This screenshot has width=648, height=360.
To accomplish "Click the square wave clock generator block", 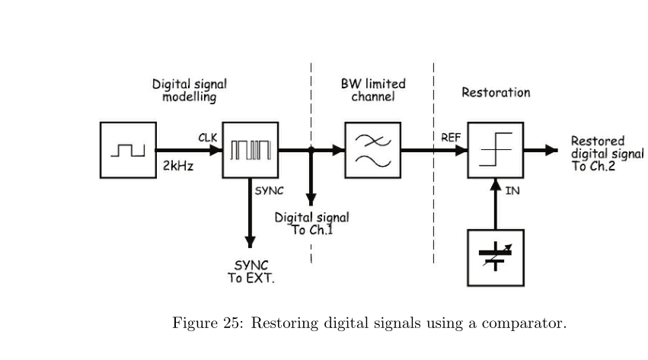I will (x=127, y=150).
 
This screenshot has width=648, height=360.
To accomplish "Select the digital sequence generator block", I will (x=251, y=150).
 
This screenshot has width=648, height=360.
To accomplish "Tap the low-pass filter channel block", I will (x=372, y=150).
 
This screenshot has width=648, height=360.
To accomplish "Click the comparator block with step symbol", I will (x=495, y=150).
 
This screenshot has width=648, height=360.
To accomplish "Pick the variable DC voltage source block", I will (x=495, y=257).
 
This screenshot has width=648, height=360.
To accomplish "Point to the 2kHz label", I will (x=179, y=166).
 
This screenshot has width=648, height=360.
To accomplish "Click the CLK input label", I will (x=208, y=138).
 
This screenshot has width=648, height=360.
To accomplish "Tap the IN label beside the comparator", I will (x=512, y=190).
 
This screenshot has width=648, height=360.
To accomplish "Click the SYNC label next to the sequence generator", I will (x=270, y=190).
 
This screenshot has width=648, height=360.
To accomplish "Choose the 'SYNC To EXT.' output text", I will (x=251, y=272).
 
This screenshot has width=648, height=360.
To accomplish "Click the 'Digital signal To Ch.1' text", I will (x=312, y=224).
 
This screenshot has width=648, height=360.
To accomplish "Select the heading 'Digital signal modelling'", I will (x=189, y=91).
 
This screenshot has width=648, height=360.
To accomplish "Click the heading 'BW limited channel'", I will (x=373, y=90).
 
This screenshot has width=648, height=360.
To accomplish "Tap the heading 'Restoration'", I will (x=496, y=92).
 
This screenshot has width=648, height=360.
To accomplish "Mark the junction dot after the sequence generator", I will (x=311, y=150).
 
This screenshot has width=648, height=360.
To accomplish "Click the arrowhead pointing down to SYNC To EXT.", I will (x=250, y=241).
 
